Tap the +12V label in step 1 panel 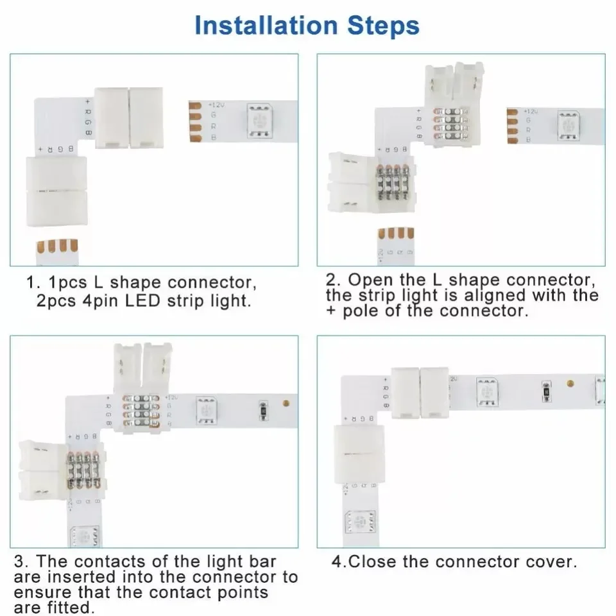click(x=217, y=104)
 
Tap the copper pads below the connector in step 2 click(x=396, y=235)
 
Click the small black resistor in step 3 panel click(x=263, y=409)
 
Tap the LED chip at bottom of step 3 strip click(x=84, y=536)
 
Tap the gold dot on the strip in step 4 click(x=569, y=384)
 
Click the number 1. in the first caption click(x=33, y=283)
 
